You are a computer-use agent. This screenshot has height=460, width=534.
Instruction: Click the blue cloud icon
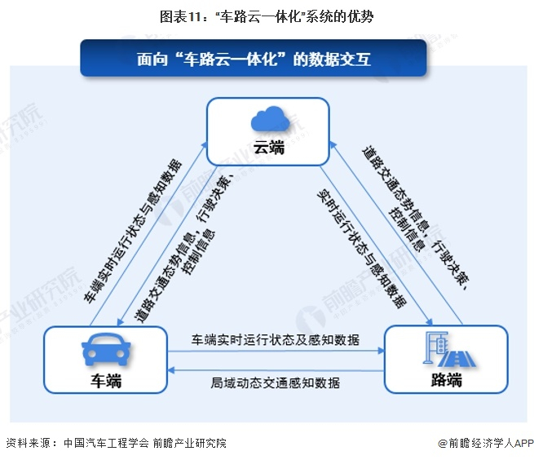(x=270, y=118)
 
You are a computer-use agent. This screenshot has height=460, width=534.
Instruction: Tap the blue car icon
(x=106, y=349)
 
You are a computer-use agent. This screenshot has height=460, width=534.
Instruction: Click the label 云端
(x=269, y=148)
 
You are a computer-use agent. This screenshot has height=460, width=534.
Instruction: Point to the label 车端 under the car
(x=106, y=381)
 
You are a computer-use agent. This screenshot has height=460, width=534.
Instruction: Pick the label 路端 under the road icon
(x=447, y=379)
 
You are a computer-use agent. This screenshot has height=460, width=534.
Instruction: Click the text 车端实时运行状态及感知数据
(x=276, y=340)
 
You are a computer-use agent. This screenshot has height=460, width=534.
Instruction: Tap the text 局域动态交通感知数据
(x=276, y=383)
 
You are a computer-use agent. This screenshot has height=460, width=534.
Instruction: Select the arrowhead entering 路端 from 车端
(x=381, y=351)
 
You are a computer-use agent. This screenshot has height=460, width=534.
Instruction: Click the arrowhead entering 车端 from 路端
(x=171, y=370)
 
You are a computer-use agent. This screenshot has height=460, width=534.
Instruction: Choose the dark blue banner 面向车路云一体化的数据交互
(x=254, y=58)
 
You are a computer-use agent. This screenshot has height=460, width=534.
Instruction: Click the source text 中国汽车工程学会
(x=106, y=443)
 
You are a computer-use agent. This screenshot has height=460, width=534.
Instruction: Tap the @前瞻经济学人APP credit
(x=486, y=443)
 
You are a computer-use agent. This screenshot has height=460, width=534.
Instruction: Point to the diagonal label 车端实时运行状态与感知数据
(x=133, y=231)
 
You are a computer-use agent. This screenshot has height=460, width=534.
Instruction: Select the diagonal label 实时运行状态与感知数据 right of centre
(x=362, y=249)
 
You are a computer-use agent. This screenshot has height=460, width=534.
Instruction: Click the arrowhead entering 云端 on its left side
(x=204, y=145)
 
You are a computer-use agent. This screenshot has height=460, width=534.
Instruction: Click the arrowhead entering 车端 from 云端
(x=120, y=321)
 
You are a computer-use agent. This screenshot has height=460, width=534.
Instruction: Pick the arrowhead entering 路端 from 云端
(x=430, y=321)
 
